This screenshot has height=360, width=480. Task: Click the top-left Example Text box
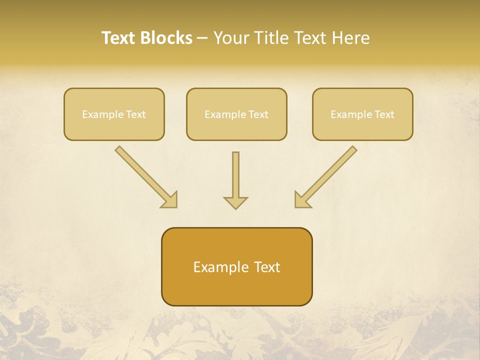click(114, 114)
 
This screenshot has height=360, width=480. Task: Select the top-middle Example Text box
click(236, 114)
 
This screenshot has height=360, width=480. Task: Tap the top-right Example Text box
click(362, 114)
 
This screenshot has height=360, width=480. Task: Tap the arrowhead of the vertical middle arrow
click(235, 202)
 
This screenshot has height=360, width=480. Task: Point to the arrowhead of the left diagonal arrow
click(170, 200)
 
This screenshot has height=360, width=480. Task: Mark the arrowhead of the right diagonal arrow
click(301, 200)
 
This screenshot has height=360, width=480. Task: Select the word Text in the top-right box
click(384, 114)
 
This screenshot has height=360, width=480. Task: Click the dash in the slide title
click(202, 38)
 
